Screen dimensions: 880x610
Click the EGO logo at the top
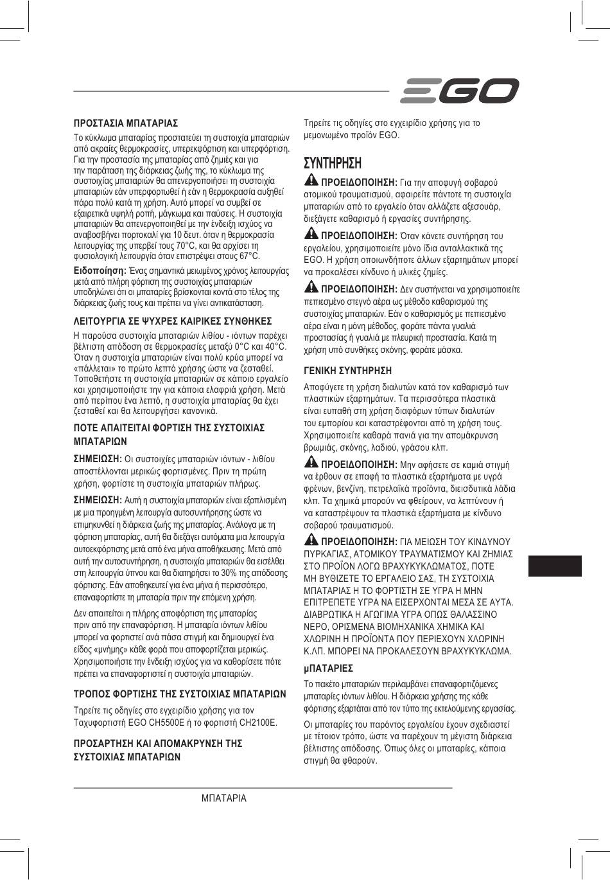click(459, 91)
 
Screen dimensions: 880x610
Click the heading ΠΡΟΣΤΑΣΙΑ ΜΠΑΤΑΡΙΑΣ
click(126, 123)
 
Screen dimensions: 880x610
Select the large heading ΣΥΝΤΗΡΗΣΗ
click(333, 163)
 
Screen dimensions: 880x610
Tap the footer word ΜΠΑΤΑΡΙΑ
click(223, 798)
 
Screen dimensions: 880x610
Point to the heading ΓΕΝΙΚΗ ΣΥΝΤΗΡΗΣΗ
click(347, 371)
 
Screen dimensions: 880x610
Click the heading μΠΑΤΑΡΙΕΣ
click(328, 669)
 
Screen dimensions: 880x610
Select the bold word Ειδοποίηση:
click(100, 271)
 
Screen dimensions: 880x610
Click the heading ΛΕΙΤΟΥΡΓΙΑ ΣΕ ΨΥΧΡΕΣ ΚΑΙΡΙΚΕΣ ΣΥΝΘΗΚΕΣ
click(173, 321)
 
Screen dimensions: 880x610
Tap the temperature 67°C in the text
click(250, 256)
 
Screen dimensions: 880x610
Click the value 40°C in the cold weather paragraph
click(275, 348)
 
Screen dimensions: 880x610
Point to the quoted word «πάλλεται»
click(95, 368)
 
